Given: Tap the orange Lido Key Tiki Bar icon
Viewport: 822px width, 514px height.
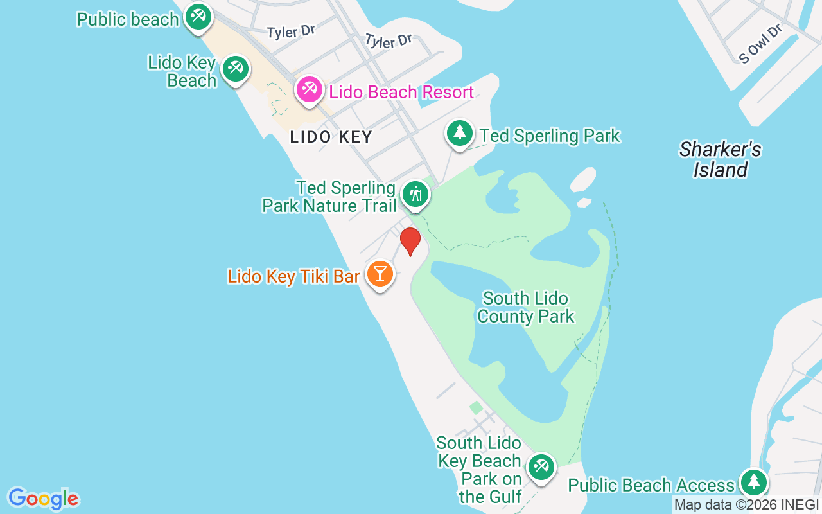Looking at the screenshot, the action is point(380,274).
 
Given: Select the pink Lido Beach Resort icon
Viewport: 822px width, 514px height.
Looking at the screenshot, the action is point(310,90).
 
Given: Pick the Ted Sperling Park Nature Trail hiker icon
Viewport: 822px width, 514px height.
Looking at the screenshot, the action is point(415,194).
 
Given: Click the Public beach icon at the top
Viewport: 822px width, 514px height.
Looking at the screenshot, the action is point(198,17).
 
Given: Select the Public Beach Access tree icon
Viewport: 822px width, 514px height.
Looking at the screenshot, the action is point(753,482).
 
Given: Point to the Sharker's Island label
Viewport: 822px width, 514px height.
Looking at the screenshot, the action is point(720,160).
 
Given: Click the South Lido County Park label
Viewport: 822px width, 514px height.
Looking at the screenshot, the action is point(526,308).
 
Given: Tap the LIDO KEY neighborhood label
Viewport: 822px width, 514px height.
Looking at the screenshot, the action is point(331,137).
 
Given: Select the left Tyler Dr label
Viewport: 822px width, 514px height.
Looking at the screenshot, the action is point(291,31).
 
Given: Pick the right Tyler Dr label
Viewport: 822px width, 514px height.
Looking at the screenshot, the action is point(389,40).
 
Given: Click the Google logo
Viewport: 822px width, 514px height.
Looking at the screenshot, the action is point(43,499).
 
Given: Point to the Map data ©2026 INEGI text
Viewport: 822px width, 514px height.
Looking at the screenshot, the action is point(746,505).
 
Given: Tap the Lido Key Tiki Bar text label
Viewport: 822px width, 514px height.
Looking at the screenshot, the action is point(293,277).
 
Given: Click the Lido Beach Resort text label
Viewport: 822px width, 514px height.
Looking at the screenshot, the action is point(401,93).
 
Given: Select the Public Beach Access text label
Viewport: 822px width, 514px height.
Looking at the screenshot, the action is point(651,485).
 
